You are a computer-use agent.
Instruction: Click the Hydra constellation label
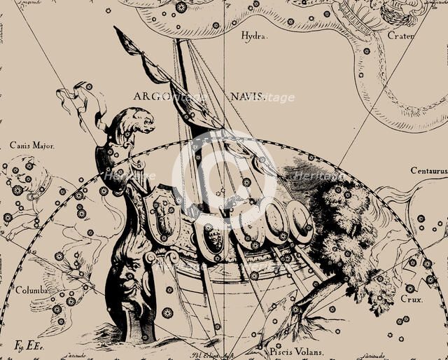253,35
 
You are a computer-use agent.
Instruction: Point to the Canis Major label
31,146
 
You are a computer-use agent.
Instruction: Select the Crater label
400,36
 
